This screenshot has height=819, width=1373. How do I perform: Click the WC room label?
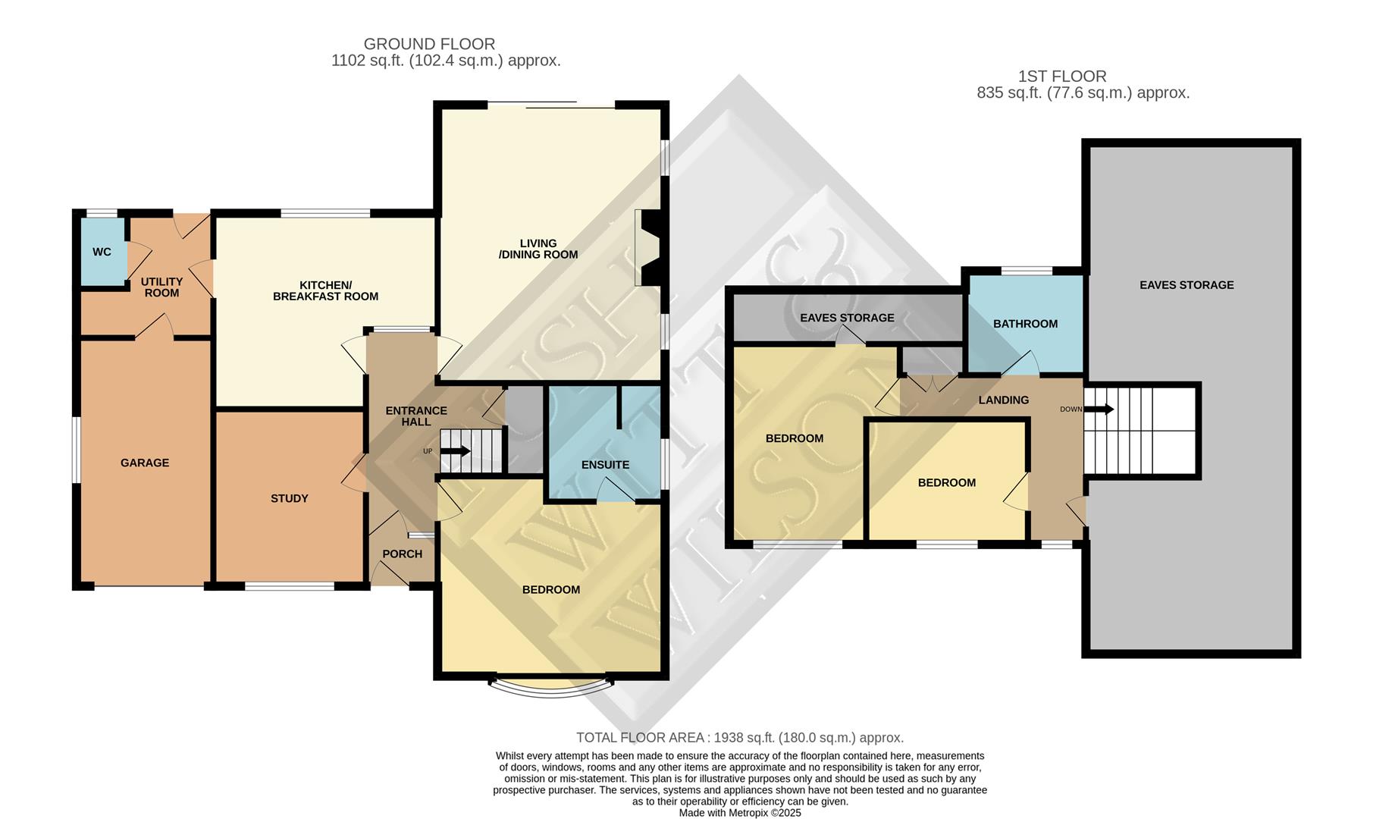pyautogui.click(x=102, y=252)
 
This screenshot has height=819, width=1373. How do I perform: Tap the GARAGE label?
pyautogui.click(x=145, y=463)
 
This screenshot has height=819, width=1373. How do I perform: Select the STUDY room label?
pyautogui.click(x=290, y=498)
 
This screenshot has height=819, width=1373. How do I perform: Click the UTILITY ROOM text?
pyautogui.click(x=161, y=287)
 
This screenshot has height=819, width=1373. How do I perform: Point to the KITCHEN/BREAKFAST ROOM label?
pyautogui.click(x=325, y=290)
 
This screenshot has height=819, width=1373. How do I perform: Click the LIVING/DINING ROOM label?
pyautogui.click(x=538, y=249)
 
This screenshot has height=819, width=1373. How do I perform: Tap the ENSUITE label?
pyautogui.click(x=605, y=465)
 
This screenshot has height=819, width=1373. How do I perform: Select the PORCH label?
pyautogui.click(x=402, y=554)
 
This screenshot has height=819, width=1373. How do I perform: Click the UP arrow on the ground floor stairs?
pyautogui.click(x=455, y=451)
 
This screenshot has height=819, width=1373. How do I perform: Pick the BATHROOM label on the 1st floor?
pyautogui.click(x=1025, y=324)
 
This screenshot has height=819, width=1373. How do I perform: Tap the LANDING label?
pyautogui.click(x=1003, y=400)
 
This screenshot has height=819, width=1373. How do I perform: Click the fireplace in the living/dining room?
pyautogui.click(x=650, y=248)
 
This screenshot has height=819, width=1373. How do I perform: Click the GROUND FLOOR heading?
pyautogui.click(x=429, y=44)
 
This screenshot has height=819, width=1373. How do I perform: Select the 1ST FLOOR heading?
pyautogui.click(x=1061, y=77)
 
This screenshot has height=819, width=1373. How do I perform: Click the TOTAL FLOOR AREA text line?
pyautogui.click(x=739, y=738)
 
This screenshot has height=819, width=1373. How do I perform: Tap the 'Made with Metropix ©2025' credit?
pyautogui.click(x=739, y=812)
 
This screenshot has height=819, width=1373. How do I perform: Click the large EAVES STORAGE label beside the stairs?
pyautogui.click(x=1186, y=285)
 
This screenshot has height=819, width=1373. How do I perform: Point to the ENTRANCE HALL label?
pyautogui.click(x=416, y=416)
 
